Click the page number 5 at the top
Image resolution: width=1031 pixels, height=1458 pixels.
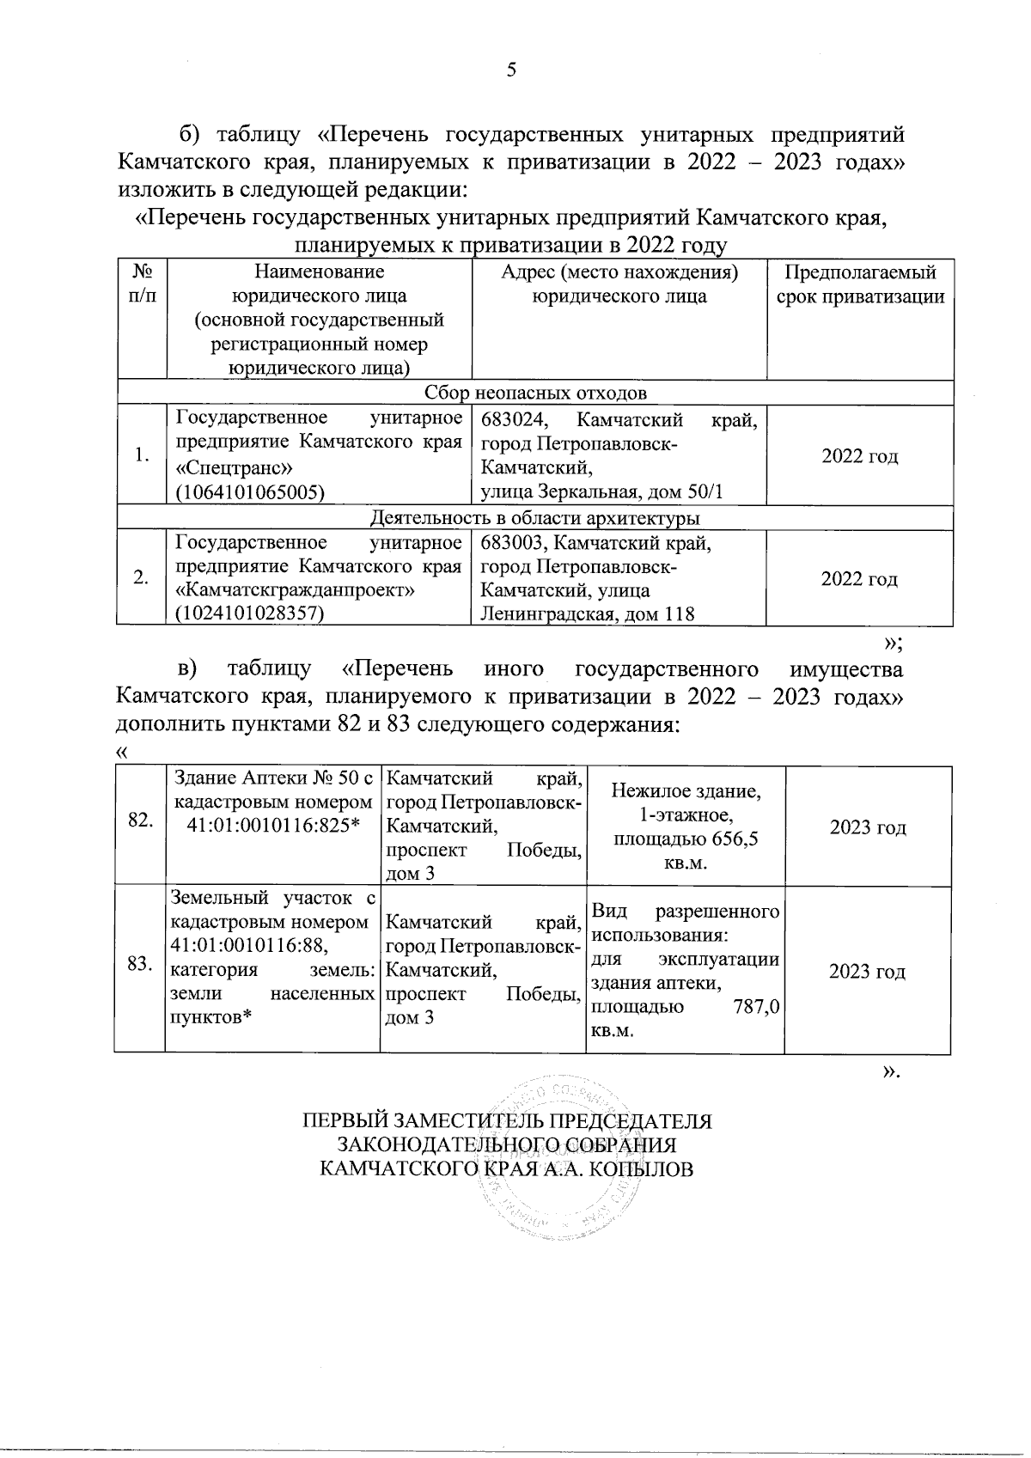(511, 70)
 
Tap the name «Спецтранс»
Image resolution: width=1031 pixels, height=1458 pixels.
(235, 468)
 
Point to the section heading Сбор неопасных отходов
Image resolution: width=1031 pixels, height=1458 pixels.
(535, 393)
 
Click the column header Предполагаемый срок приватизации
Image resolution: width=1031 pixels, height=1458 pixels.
(860, 285)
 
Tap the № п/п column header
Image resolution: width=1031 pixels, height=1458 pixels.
(142, 284)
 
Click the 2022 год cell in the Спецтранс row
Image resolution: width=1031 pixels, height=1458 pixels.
(859, 456)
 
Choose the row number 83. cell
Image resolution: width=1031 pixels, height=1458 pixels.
(140, 965)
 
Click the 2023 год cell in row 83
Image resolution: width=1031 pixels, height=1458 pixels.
(867, 972)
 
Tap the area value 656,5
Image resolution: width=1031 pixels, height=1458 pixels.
(730, 839)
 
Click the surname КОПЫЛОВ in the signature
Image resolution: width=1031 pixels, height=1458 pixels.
(640, 1169)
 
